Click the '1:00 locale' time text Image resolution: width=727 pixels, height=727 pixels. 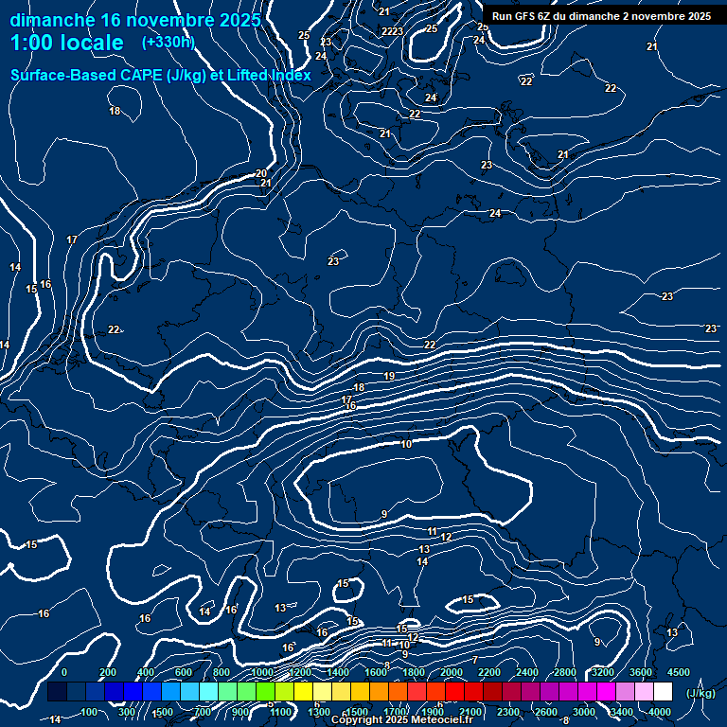67,44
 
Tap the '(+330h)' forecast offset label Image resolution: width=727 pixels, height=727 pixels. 168,43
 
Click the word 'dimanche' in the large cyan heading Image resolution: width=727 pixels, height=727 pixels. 52,19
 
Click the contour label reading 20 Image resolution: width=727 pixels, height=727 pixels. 261,173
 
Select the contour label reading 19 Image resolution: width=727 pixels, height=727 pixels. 389,377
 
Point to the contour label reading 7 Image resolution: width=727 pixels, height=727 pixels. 475,660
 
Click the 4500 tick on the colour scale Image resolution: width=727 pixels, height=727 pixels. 679,672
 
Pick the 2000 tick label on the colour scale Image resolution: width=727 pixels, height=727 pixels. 452,672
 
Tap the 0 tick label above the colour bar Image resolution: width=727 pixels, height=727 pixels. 64,672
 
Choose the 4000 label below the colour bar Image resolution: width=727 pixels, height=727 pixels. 660,712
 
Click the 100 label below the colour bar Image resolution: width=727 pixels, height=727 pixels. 90,712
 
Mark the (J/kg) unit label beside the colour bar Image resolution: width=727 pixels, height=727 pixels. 700,693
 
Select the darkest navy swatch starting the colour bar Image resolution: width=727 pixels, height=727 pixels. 57,692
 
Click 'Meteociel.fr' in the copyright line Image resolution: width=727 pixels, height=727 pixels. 441,720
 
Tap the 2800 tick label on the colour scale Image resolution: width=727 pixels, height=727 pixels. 565,672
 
